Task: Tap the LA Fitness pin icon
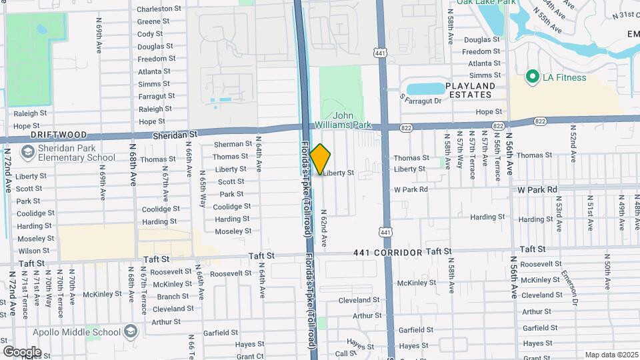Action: pos(531,77)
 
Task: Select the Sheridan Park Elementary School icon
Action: pos(27,153)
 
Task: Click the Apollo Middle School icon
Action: pos(131,331)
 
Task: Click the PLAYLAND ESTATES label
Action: pos(470,91)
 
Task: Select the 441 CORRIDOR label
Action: pos(389,253)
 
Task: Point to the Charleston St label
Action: pos(159,9)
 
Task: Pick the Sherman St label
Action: pos(233,144)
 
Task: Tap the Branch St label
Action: pos(173,297)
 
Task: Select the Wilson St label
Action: pos(29,251)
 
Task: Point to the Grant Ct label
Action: pos(250,357)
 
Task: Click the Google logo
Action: pos(22,351)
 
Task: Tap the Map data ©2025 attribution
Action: pos(611,355)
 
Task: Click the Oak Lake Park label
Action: pos(486,3)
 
